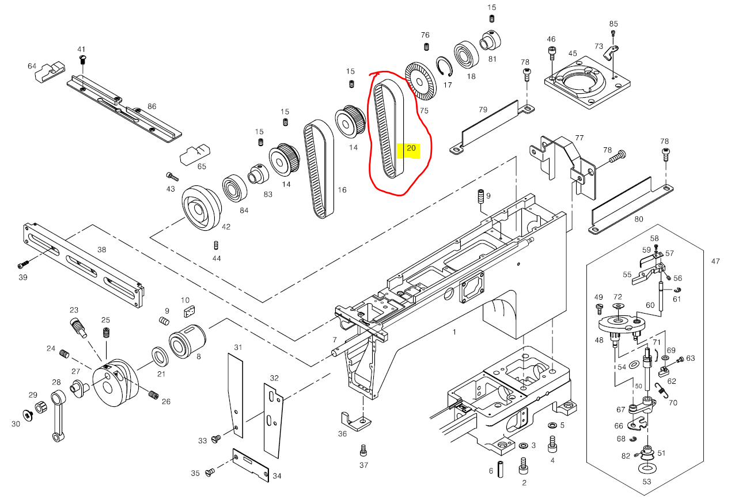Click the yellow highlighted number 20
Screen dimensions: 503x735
[411, 148]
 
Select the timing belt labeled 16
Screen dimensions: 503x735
[318, 170]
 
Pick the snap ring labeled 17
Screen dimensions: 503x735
[444, 67]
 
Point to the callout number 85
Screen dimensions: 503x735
[613, 24]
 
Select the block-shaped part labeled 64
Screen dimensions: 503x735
[49, 72]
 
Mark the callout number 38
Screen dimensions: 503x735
[102, 250]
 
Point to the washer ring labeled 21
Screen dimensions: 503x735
[160, 356]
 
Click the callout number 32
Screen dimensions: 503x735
[274, 378]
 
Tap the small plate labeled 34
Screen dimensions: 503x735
[251, 464]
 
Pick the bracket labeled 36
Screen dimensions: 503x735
[354, 420]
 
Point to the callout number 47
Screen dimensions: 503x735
[715, 261]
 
